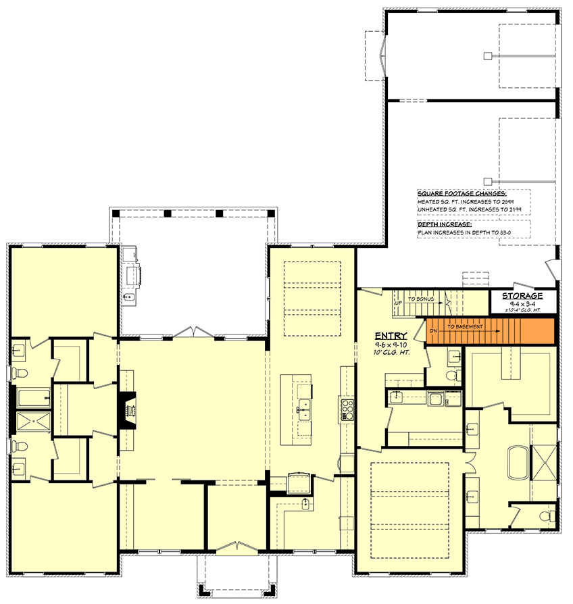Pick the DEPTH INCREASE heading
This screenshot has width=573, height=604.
[x=445, y=223]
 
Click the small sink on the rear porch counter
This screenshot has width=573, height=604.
[x=128, y=297]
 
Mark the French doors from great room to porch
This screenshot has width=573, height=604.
[x=194, y=332]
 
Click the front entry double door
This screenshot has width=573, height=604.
[x=236, y=547]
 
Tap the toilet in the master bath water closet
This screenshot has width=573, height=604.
[x=551, y=516]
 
